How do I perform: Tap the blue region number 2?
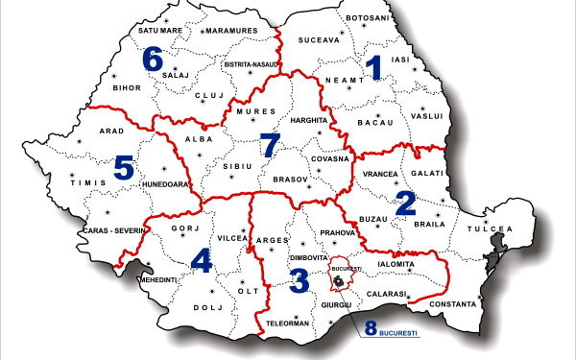point(406,202)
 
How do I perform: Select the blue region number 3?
point(299,280)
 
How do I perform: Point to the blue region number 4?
point(201,261)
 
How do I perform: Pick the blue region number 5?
point(123,168)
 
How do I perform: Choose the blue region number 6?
point(153,59)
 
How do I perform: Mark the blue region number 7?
point(271,146)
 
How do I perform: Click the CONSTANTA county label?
point(453,304)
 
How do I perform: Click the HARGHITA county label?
point(308,121)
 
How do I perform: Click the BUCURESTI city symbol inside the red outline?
point(339,280)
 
